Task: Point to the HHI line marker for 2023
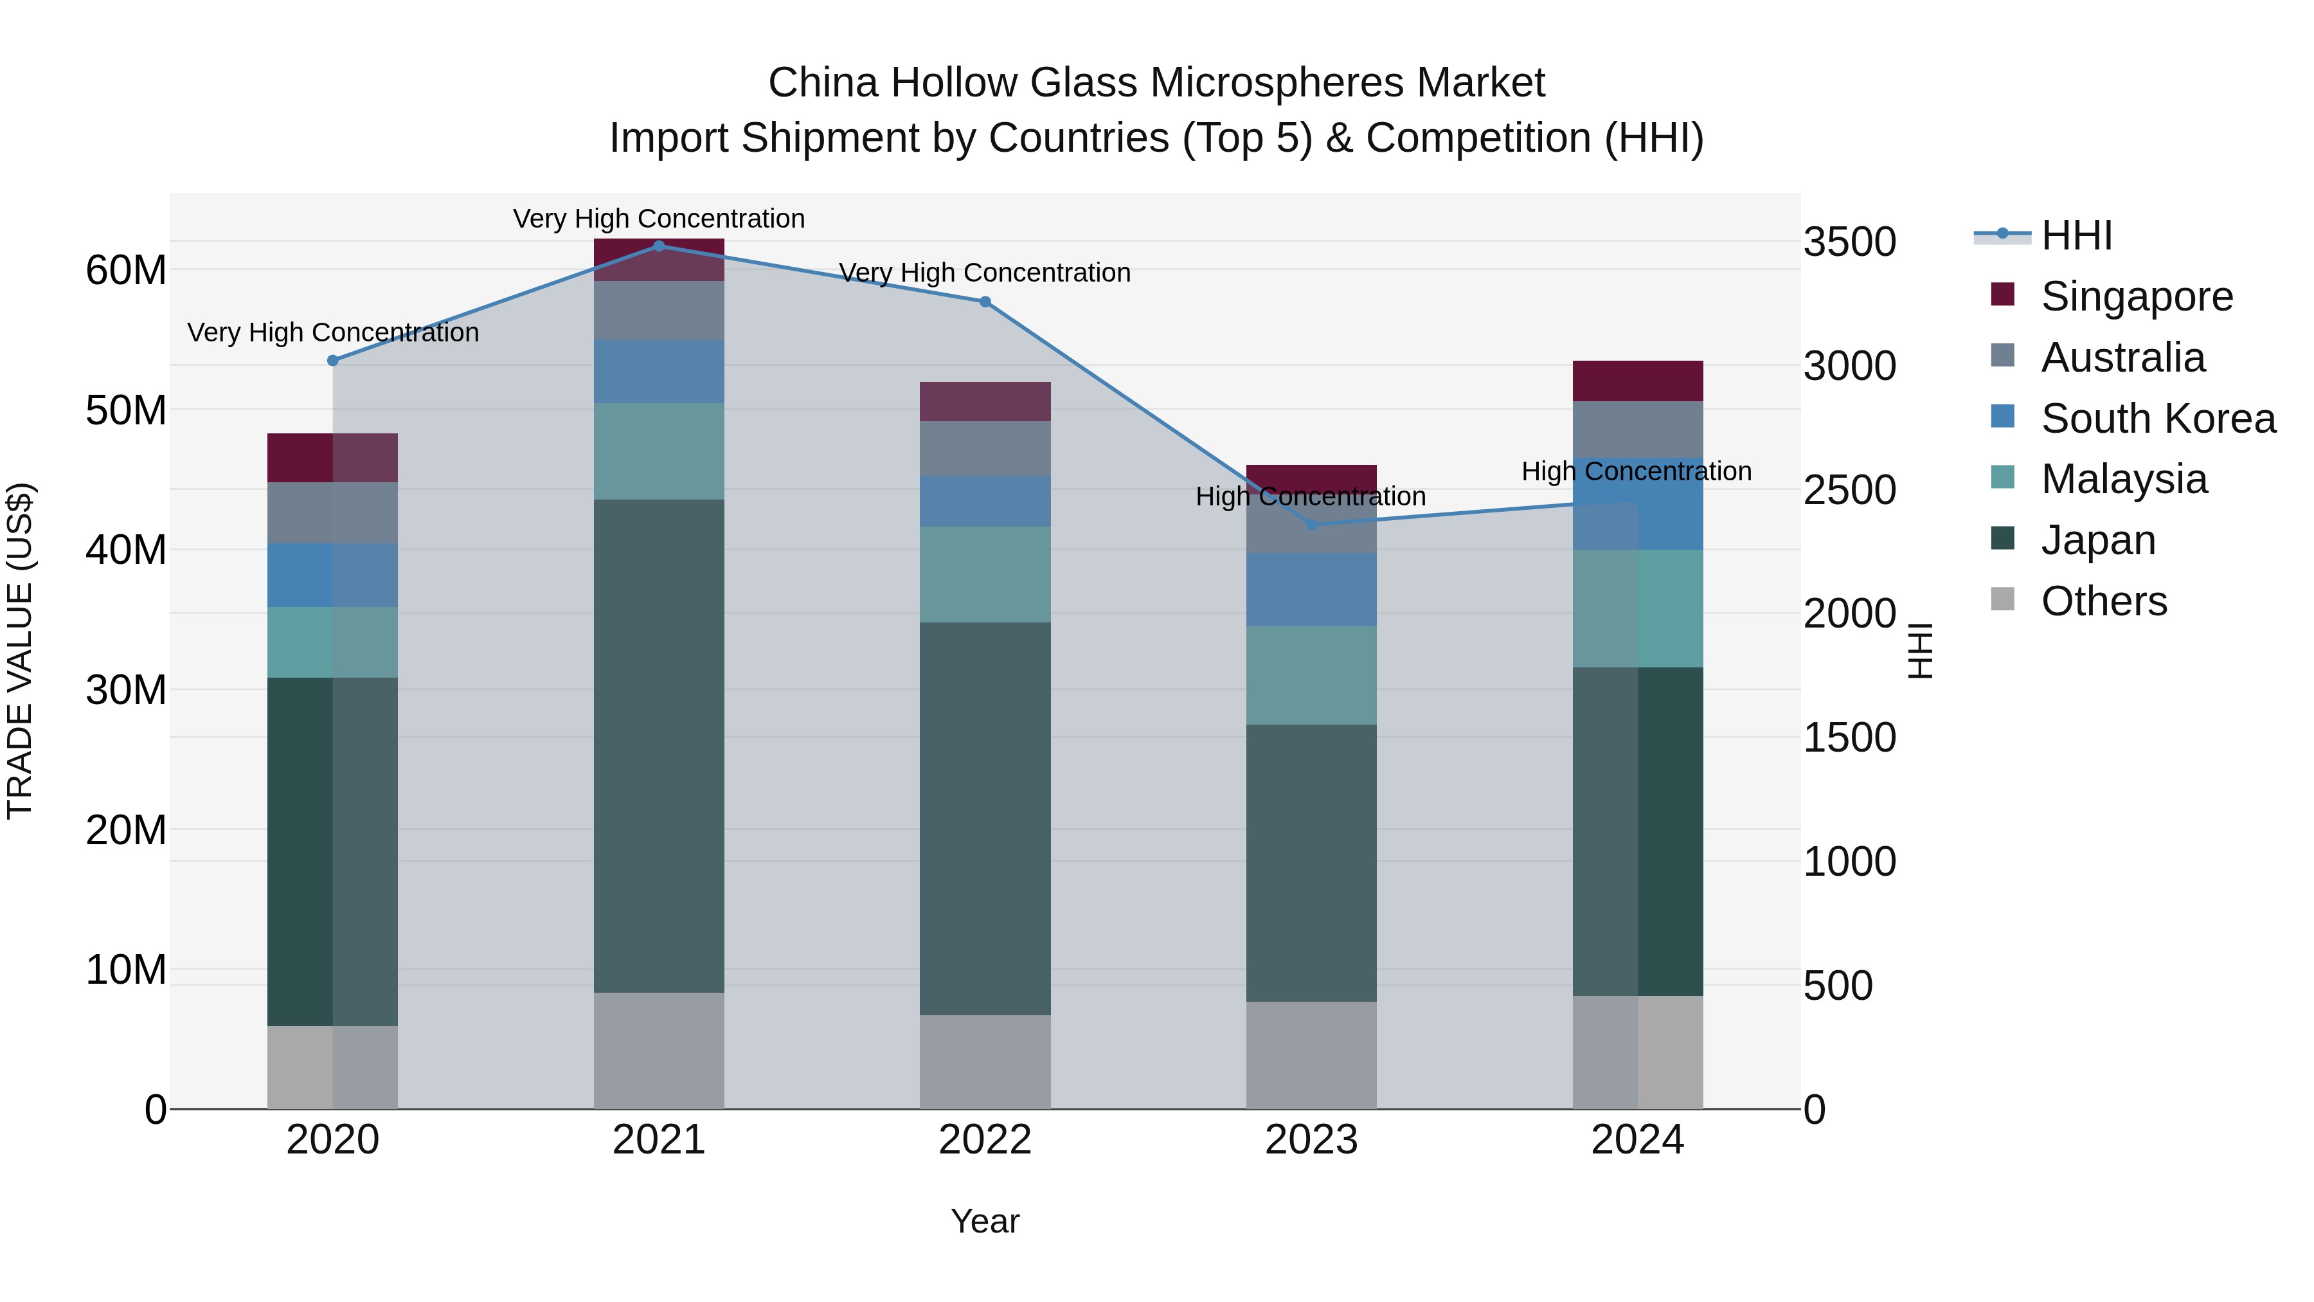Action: click(x=1311, y=525)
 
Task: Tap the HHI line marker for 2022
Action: click(x=985, y=302)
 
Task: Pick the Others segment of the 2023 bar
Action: click(x=1311, y=1055)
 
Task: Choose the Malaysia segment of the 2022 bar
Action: click(x=985, y=574)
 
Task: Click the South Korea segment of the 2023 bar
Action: click(x=1311, y=590)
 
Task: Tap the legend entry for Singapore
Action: click(x=2136, y=296)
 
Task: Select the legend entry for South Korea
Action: click(x=2158, y=419)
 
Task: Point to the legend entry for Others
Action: click(x=2103, y=601)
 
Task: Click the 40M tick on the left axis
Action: click(x=126, y=550)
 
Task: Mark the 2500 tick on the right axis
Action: click(x=1849, y=491)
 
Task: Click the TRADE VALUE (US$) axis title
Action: click(x=20, y=651)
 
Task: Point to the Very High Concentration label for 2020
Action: click(x=332, y=332)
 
